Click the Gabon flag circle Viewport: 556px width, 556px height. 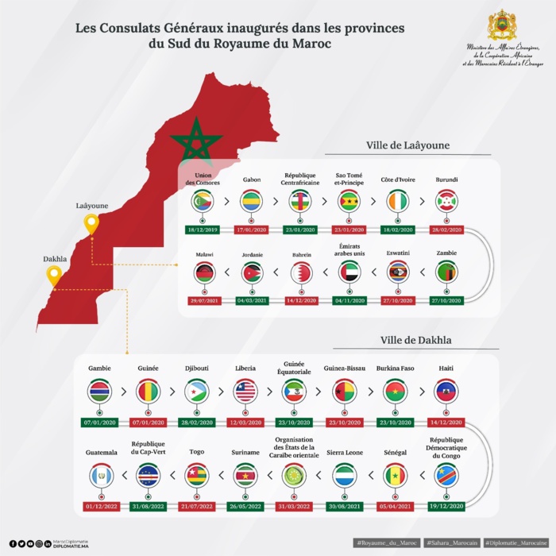[252, 202]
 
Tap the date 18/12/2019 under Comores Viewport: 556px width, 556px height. [203, 230]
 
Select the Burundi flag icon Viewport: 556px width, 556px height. [446, 202]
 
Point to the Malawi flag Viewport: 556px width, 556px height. [203, 273]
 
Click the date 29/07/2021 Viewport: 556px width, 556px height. [203, 302]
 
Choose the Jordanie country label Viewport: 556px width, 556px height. [252, 255]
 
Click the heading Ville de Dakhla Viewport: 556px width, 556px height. [416, 340]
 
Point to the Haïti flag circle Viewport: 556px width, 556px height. [446, 391]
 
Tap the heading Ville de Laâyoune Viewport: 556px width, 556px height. [408, 145]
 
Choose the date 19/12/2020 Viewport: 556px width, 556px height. [446, 505]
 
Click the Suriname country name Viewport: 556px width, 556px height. [246, 452]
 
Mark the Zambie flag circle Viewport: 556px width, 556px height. [446, 273]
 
